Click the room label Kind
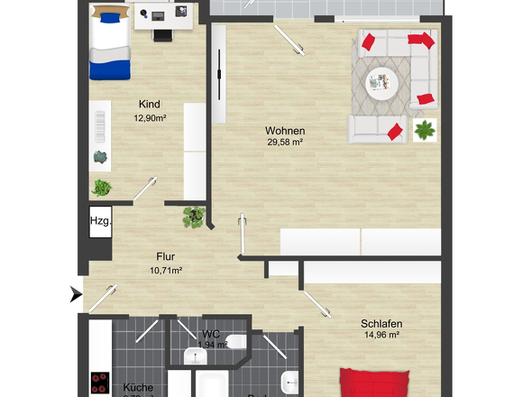coord(149,104)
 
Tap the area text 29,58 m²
coord(284,142)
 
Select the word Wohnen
coord(284,130)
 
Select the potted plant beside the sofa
coord(423,130)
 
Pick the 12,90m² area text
coord(155,117)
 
